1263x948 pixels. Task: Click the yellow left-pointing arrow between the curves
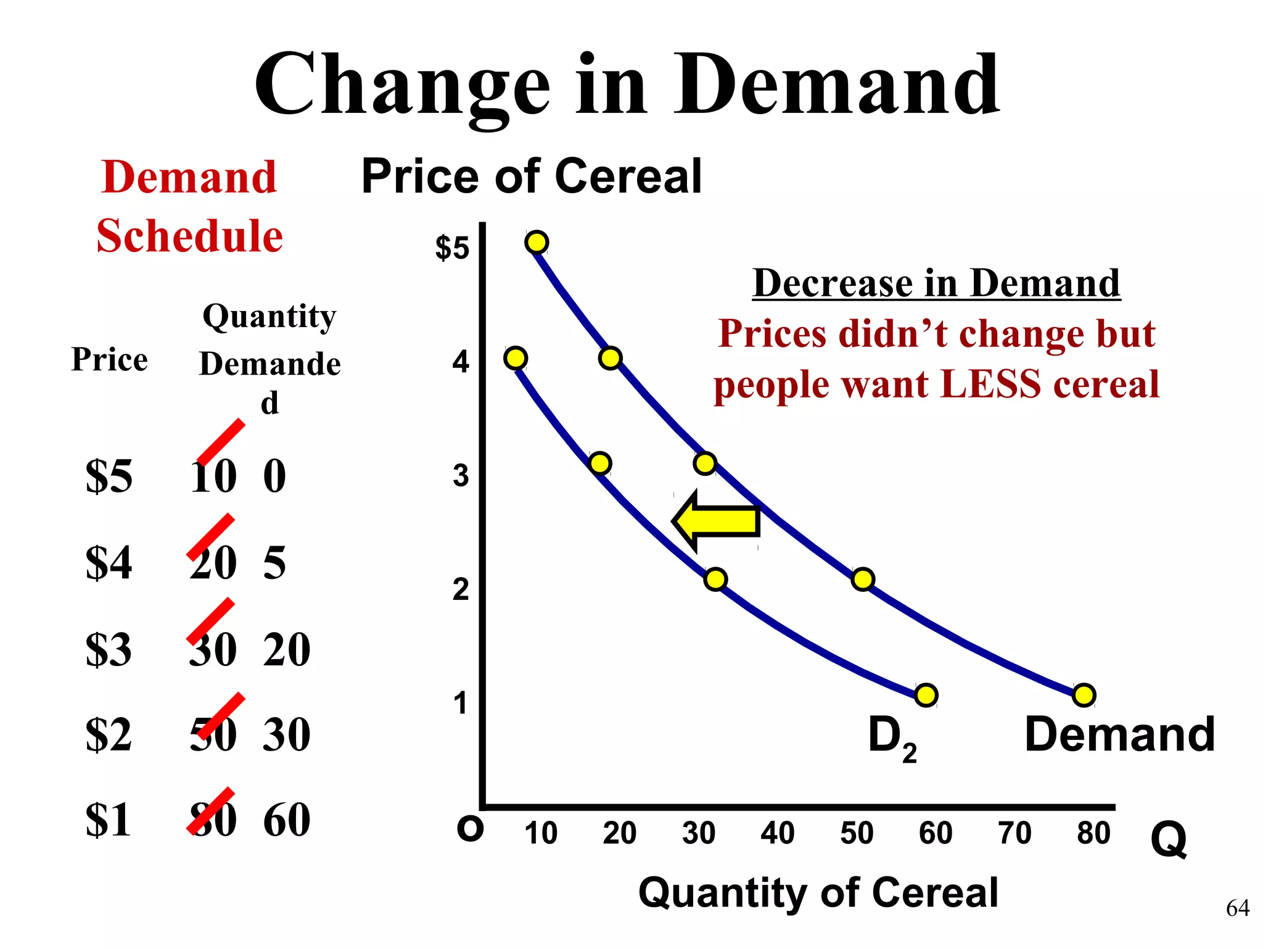[715, 521]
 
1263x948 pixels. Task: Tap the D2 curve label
[891, 738]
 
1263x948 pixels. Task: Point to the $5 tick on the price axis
[452, 247]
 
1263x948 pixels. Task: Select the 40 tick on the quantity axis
[777, 833]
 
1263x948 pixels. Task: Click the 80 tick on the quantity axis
[1093, 833]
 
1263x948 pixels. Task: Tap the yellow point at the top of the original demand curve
[537, 242]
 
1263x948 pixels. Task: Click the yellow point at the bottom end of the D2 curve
[926, 695]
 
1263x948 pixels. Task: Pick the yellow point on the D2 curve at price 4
[516, 358]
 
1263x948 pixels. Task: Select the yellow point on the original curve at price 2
[863, 579]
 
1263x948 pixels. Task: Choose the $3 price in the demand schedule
[109, 649]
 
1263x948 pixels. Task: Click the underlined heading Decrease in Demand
[936, 283]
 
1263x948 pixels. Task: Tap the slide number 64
[1237, 908]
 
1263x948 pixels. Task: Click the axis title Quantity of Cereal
[818, 892]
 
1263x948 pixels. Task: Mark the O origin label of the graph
[470, 829]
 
